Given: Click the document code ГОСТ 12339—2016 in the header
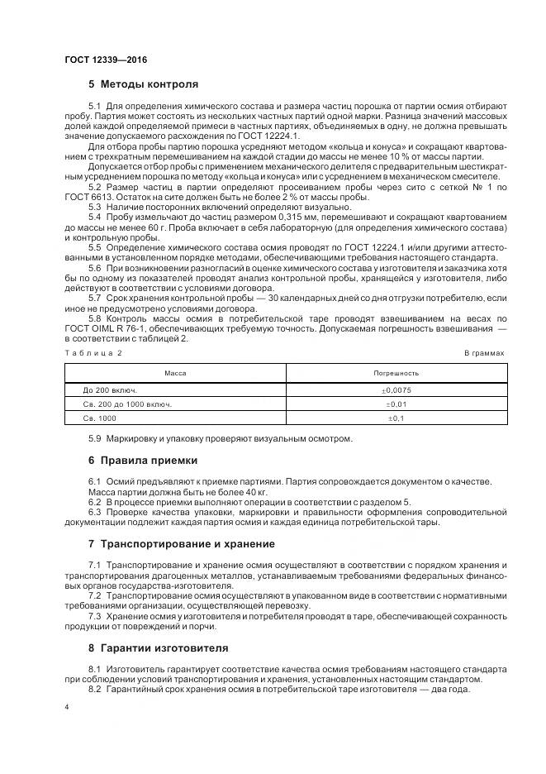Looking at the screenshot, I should coord(100,60).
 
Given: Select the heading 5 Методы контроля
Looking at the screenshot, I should coord(143,84).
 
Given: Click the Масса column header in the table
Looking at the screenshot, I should coord(175,373).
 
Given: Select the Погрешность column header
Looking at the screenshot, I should coord(396,373).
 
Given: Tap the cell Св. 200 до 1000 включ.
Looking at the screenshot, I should coord(126,404).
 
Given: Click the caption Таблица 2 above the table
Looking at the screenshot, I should coord(93,352).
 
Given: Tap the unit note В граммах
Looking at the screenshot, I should coord(484,352).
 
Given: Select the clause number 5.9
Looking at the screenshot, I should coord(96,438).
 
